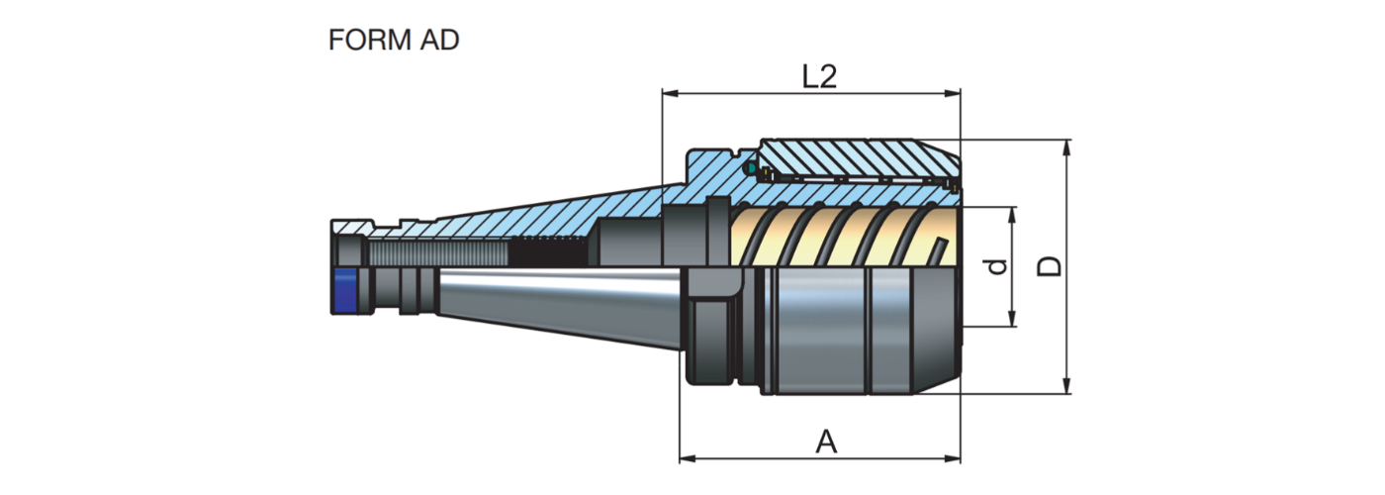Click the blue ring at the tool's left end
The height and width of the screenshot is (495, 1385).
pyautogui.click(x=344, y=290)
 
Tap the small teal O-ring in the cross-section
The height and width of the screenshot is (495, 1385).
pyautogui.click(x=751, y=169)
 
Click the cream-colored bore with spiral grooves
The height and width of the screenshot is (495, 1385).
pyautogui.click(x=841, y=238)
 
